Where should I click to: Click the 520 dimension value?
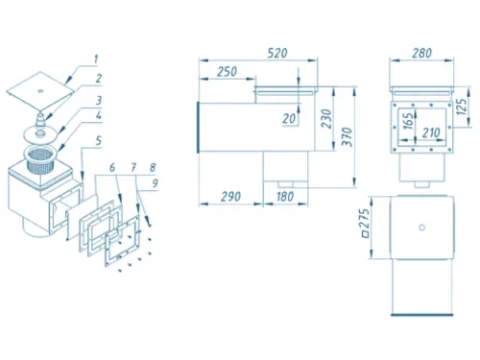[277, 53]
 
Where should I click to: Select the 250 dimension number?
[227, 72]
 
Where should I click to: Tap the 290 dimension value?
[230, 196]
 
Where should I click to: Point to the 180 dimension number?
[285, 196]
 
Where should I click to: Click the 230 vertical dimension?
[326, 119]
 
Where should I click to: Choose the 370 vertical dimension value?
[348, 136]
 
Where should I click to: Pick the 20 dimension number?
[289, 119]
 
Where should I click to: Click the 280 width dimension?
[421, 53]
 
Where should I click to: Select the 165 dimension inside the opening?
[408, 121]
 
